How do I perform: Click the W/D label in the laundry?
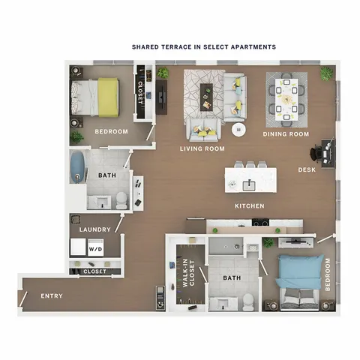click(x=95, y=249)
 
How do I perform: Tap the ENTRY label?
click(x=52, y=296)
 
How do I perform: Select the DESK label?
click(x=307, y=170)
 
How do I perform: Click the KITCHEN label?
click(x=250, y=206)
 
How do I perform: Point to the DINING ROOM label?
click(x=286, y=134)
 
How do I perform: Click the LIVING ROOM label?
click(x=202, y=148)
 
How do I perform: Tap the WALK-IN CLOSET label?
click(x=189, y=274)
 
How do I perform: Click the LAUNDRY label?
click(x=95, y=229)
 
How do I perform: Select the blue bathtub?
click(x=77, y=166)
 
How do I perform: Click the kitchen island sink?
click(x=249, y=185)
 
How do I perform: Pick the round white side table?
click(x=238, y=130)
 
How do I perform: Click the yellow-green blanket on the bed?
click(x=108, y=97)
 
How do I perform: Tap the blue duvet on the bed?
click(x=299, y=271)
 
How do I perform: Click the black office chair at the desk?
click(x=316, y=153)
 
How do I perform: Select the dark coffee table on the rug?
click(x=206, y=97)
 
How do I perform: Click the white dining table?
click(x=286, y=100)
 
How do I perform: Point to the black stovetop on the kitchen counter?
click(x=260, y=222)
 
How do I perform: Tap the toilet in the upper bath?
click(x=121, y=200)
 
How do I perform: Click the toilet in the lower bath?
click(x=248, y=302)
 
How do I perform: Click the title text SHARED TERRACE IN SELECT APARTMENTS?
click(x=204, y=47)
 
